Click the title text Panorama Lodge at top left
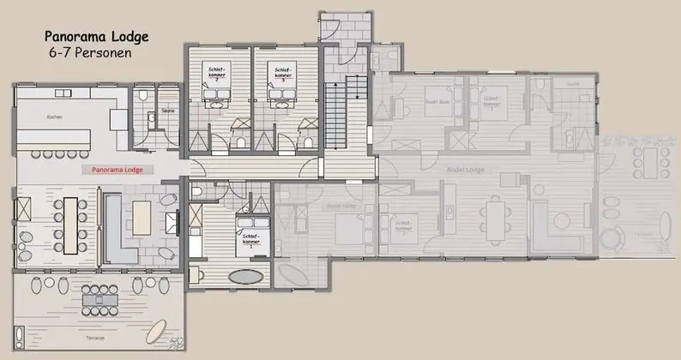95,37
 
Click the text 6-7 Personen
91,52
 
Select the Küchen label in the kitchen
55,117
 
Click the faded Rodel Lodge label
467,170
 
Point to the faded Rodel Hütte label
340,206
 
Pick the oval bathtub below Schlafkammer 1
246,277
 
